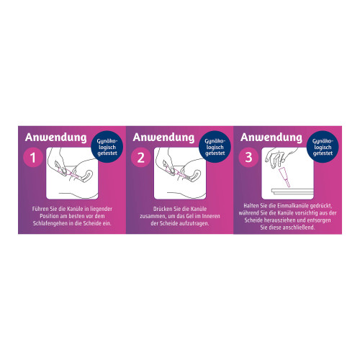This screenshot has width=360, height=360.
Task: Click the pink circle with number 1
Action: [x=33, y=158]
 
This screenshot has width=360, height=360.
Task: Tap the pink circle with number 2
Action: [x=141, y=158]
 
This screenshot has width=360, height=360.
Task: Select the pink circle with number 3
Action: [x=248, y=158]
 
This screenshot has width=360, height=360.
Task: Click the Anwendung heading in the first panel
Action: [x=56, y=138]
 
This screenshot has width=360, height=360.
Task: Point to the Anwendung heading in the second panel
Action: [x=163, y=138]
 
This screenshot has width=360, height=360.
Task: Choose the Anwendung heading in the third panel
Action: [x=271, y=138]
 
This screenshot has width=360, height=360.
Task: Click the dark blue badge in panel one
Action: [x=107, y=147]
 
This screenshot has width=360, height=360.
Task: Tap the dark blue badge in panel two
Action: [x=215, y=147]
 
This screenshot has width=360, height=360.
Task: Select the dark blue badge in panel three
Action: [x=323, y=147]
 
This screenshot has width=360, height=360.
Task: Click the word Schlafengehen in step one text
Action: [x=50, y=223]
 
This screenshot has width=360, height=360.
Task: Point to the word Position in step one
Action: [x=49, y=216]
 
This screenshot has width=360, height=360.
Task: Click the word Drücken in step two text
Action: [x=162, y=209]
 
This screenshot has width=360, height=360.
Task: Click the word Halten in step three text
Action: [x=251, y=206]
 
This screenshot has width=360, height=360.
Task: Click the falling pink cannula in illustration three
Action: [x=284, y=178]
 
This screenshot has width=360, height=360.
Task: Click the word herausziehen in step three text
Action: [x=279, y=220]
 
